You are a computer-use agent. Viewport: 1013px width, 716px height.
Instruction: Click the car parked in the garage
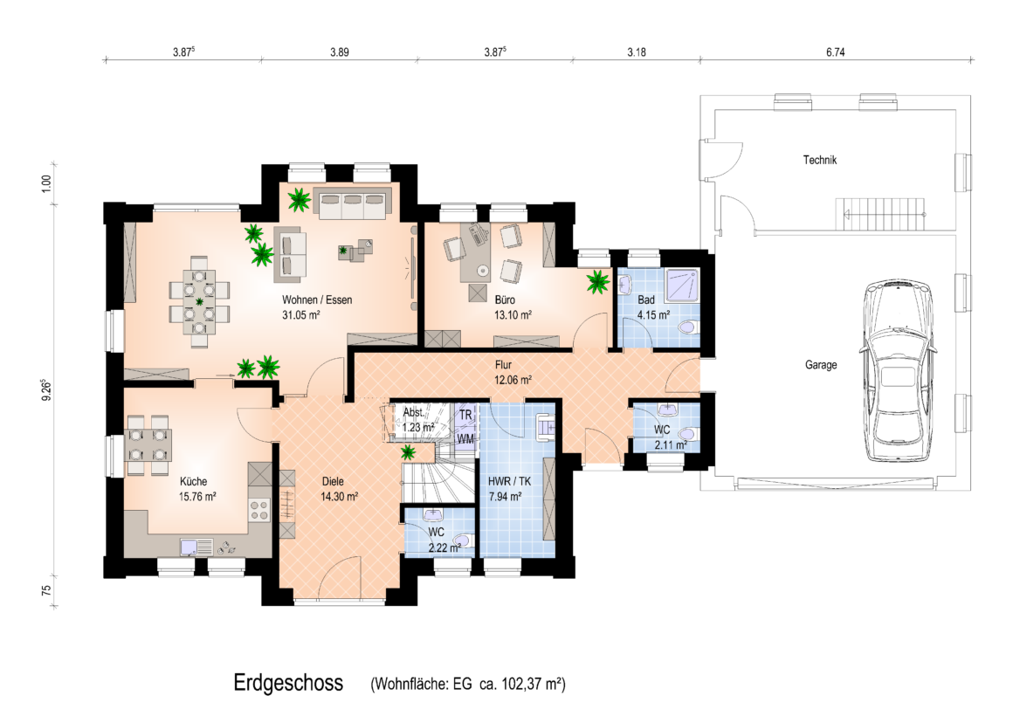coord(898,371)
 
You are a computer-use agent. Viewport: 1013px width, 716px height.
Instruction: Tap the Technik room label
coord(820,160)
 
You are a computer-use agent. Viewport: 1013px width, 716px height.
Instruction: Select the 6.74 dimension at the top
coord(836,52)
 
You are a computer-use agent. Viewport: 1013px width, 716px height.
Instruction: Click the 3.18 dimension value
coord(637,52)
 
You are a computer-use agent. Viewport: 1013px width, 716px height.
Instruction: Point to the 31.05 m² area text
coord(301,315)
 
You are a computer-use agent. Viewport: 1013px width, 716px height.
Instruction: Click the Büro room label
coord(505,299)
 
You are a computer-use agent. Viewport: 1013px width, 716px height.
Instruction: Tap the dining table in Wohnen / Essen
coord(199,301)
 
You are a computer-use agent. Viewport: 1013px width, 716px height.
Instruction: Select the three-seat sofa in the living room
coord(353,203)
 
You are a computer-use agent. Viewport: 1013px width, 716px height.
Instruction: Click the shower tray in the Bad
coord(683,285)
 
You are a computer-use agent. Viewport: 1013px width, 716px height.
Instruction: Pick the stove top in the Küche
coord(259,510)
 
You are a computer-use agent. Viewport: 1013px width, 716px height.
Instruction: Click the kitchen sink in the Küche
coord(196,547)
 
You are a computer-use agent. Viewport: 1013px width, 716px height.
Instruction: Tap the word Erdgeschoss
coord(288,683)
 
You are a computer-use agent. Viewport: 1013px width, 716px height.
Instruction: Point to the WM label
coord(465,439)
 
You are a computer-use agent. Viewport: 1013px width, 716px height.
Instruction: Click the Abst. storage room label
coord(413,412)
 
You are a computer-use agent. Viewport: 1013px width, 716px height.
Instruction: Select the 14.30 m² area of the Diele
coord(339,497)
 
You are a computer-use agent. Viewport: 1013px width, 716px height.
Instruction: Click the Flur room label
coord(503,365)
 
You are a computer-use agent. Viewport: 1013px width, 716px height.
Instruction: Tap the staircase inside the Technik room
coord(881,214)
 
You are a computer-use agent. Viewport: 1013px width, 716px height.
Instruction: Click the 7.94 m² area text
coord(506,497)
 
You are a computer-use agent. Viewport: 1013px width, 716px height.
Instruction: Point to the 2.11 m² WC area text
coord(671,445)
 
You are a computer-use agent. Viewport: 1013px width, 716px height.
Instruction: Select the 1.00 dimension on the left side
coord(46,183)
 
